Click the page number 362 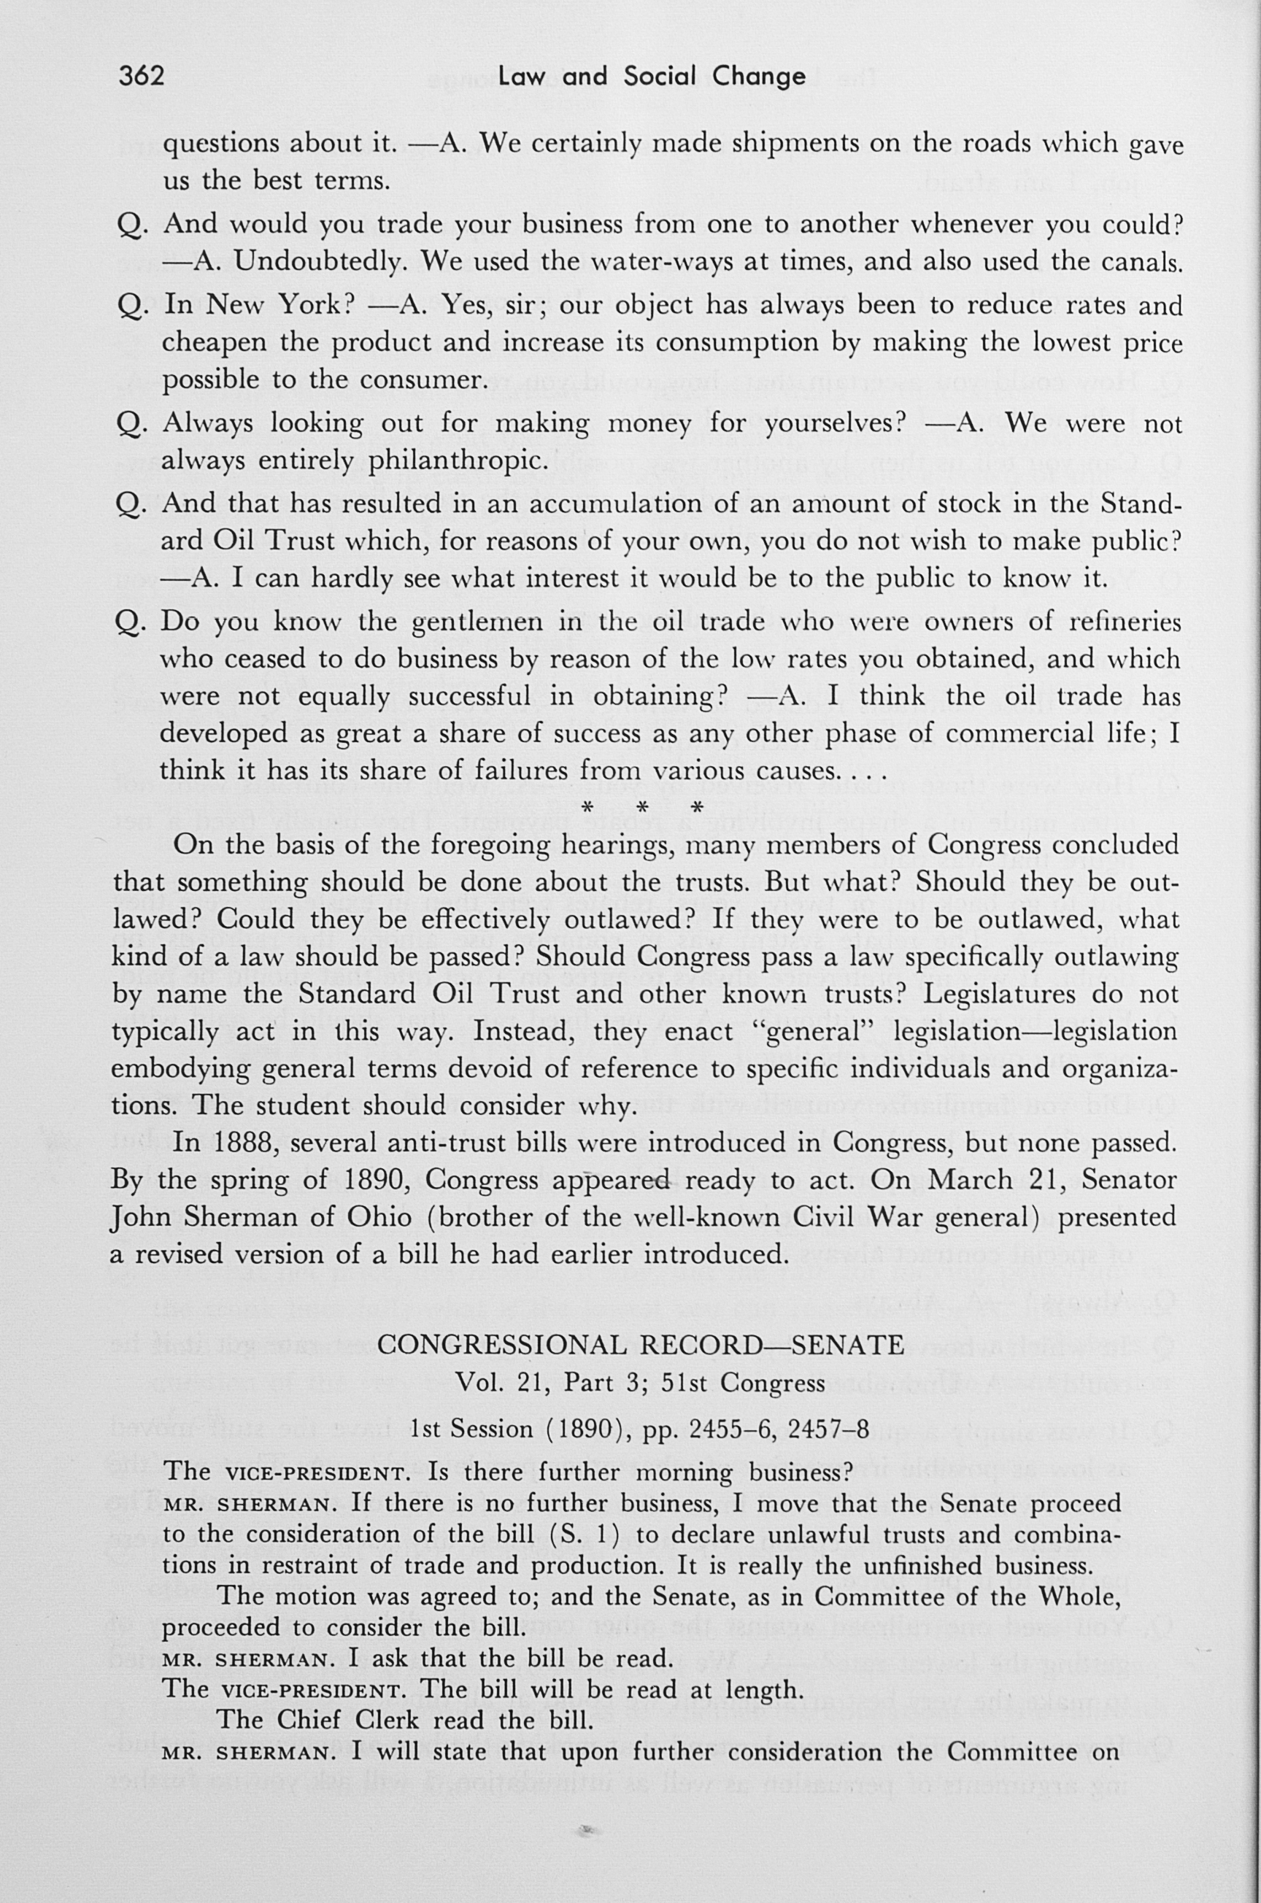coord(142,77)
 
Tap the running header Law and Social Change coord(652,77)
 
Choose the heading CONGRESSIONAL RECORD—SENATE coord(640,1344)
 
